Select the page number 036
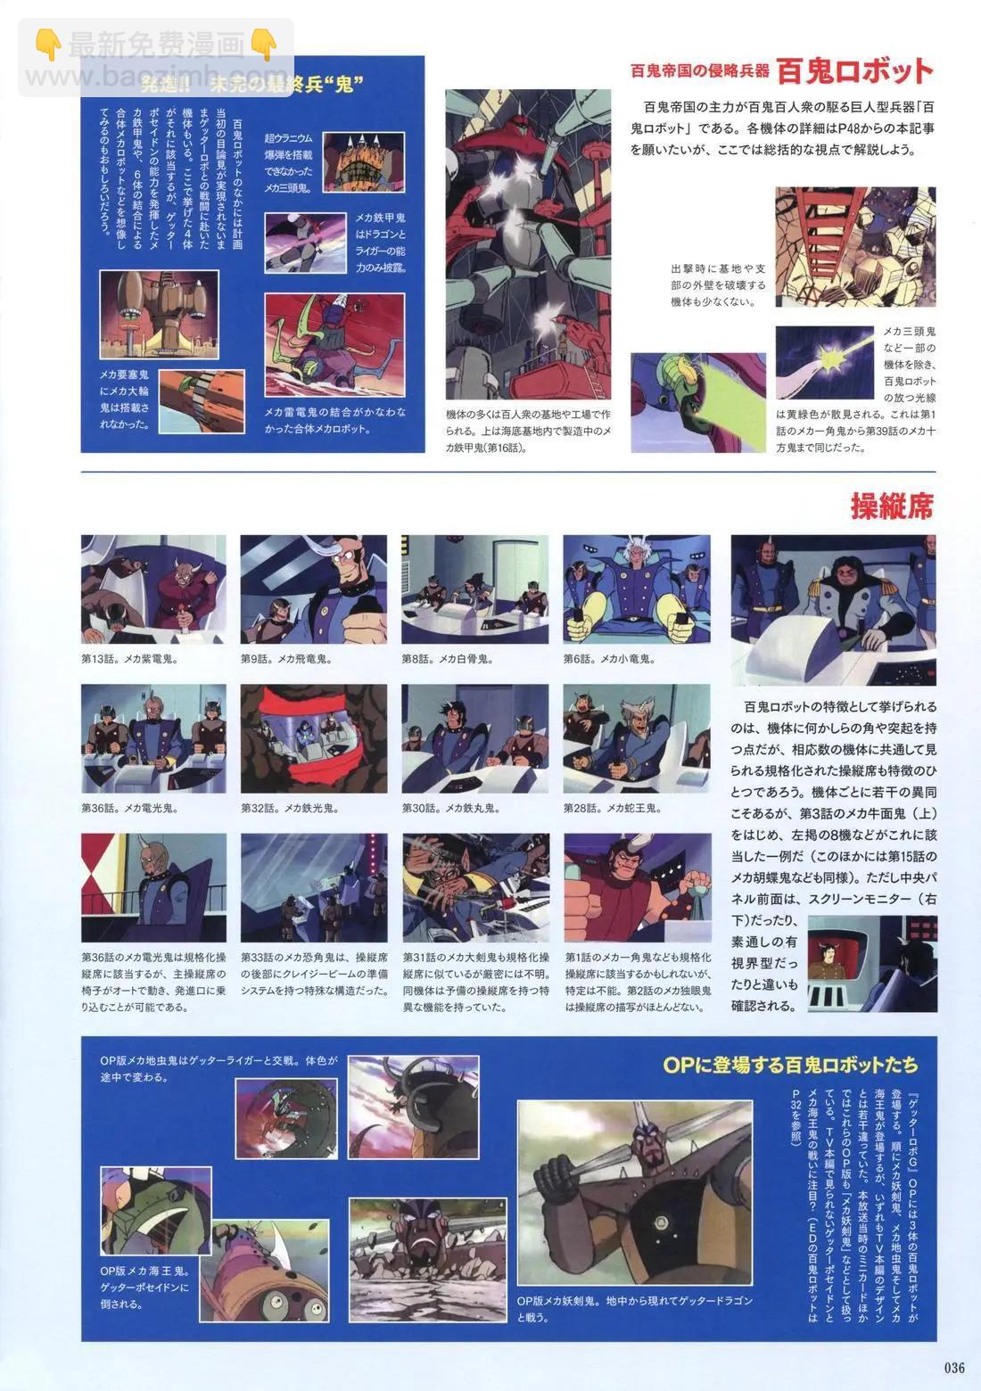click(x=953, y=1368)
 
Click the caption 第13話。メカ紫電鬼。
click(x=129, y=660)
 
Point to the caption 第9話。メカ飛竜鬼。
click(x=286, y=660)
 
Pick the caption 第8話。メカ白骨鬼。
click(x=448, y=660)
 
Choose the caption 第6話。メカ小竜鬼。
click(x=609, y=660)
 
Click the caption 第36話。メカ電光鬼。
click(x=129, y=809)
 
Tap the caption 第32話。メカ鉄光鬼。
click(x=286, y=809)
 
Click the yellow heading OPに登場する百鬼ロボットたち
click(x=790, y=1065)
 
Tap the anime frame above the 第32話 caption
click(x=314, y=739)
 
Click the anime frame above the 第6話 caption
click(x=637, y=590)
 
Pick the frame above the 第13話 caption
click(x=153, y=590)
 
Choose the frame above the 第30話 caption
click(x=474, y=739)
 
